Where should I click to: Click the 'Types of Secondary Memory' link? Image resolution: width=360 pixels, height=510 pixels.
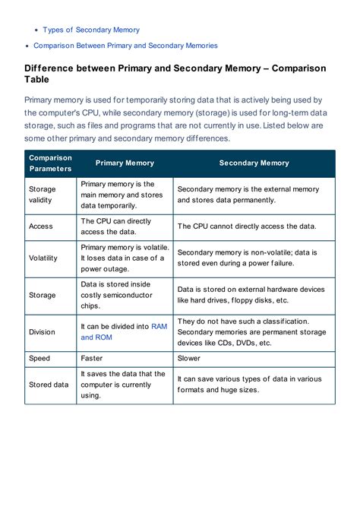coord(91,30)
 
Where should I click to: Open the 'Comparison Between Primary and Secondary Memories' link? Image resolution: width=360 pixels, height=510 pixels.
coord(125,46)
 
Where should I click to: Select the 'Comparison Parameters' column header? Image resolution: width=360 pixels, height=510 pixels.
coord(50,163)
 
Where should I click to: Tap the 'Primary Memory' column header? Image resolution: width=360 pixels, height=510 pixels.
coord(125,163)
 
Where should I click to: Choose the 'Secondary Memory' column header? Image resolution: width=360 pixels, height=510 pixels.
coord(254,163)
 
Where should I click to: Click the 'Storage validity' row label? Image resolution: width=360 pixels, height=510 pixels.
coord(42,195)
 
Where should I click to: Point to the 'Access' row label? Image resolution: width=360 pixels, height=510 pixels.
coord(40,226)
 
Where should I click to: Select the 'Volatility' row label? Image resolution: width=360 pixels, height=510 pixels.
coord(43,258)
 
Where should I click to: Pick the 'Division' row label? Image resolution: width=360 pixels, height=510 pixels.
coord(42,331)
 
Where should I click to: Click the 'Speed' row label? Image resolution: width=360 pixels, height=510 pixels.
coord(39,357)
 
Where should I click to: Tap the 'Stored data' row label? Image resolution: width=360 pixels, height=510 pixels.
coord(48,385)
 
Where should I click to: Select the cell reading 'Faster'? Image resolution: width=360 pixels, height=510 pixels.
coord(92,357)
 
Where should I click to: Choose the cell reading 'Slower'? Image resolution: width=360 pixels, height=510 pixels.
coord(189,357)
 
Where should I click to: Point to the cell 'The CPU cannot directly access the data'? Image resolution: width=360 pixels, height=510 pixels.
coord(246,226)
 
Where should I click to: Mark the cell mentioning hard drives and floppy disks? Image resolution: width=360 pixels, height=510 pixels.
coord(251,295)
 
